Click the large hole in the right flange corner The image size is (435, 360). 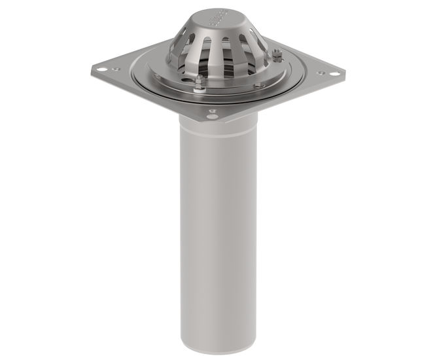click(334, 74)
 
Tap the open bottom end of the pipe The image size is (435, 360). click(218, 347)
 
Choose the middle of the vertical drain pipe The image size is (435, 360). click(218, 236)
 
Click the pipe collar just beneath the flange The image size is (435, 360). click(218, 124)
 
